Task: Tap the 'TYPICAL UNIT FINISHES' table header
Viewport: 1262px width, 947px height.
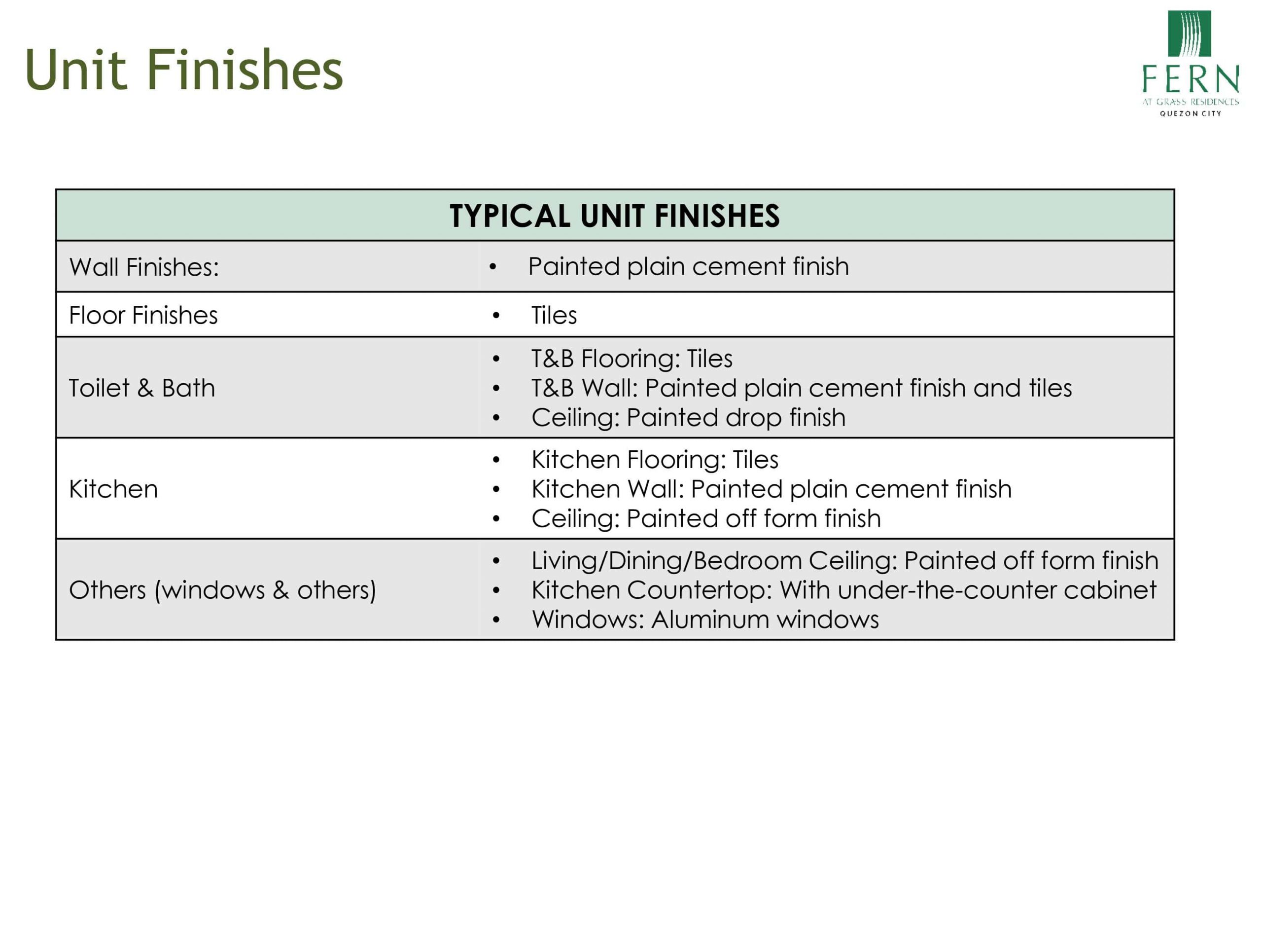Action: point(614,216)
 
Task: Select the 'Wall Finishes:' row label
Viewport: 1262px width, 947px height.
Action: point(144,267)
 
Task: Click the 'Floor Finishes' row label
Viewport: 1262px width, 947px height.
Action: point(143,315)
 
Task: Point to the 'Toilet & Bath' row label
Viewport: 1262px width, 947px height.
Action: point(142,388)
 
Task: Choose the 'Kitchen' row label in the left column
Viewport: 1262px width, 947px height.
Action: point(113,489)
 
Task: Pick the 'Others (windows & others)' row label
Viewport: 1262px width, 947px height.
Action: point(222,590)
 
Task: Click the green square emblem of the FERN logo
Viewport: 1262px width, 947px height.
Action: point(1190,34)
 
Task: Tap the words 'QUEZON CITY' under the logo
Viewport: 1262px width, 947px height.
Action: point(1190,113)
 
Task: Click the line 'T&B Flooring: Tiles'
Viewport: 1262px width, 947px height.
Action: point(631,359)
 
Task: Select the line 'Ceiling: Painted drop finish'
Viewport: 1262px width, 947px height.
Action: point(688,418)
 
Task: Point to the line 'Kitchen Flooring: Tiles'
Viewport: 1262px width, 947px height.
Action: point(654,460)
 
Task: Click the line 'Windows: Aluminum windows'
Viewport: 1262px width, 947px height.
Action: point(705,619)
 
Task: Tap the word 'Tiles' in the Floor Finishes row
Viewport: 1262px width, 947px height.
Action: point(554,315)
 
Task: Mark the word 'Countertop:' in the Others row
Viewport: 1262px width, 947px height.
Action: point(700,591)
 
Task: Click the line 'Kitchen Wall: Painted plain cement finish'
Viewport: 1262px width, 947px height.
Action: point(771,489)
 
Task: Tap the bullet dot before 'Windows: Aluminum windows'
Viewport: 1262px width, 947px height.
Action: point(496,620)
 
